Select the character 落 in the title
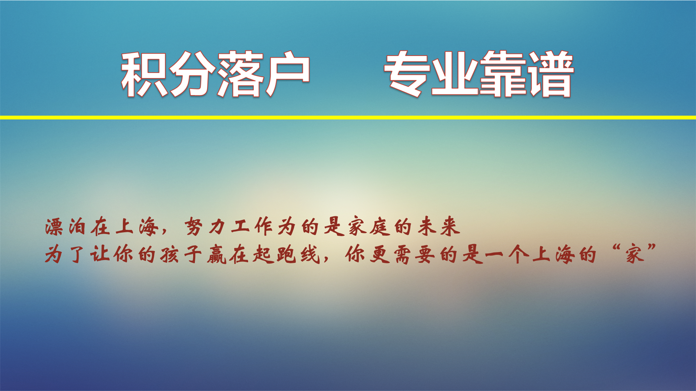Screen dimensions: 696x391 click(x=240, y=74)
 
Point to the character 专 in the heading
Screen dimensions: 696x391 click(x=407, y=74)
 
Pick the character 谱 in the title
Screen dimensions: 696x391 click(x=550, y=74)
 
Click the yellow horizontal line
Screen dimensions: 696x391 click(x=348, y=118)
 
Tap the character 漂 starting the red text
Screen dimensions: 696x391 click(x=54, y=227)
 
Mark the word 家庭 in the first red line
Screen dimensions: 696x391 click(x=369, y=227)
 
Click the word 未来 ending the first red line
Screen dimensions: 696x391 click(x=439, y=227)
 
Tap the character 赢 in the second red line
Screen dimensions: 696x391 click(x=217, y=255)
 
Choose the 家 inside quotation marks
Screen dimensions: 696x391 click(x=634, y=255)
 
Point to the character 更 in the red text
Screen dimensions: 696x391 click(x=380, y=255)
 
